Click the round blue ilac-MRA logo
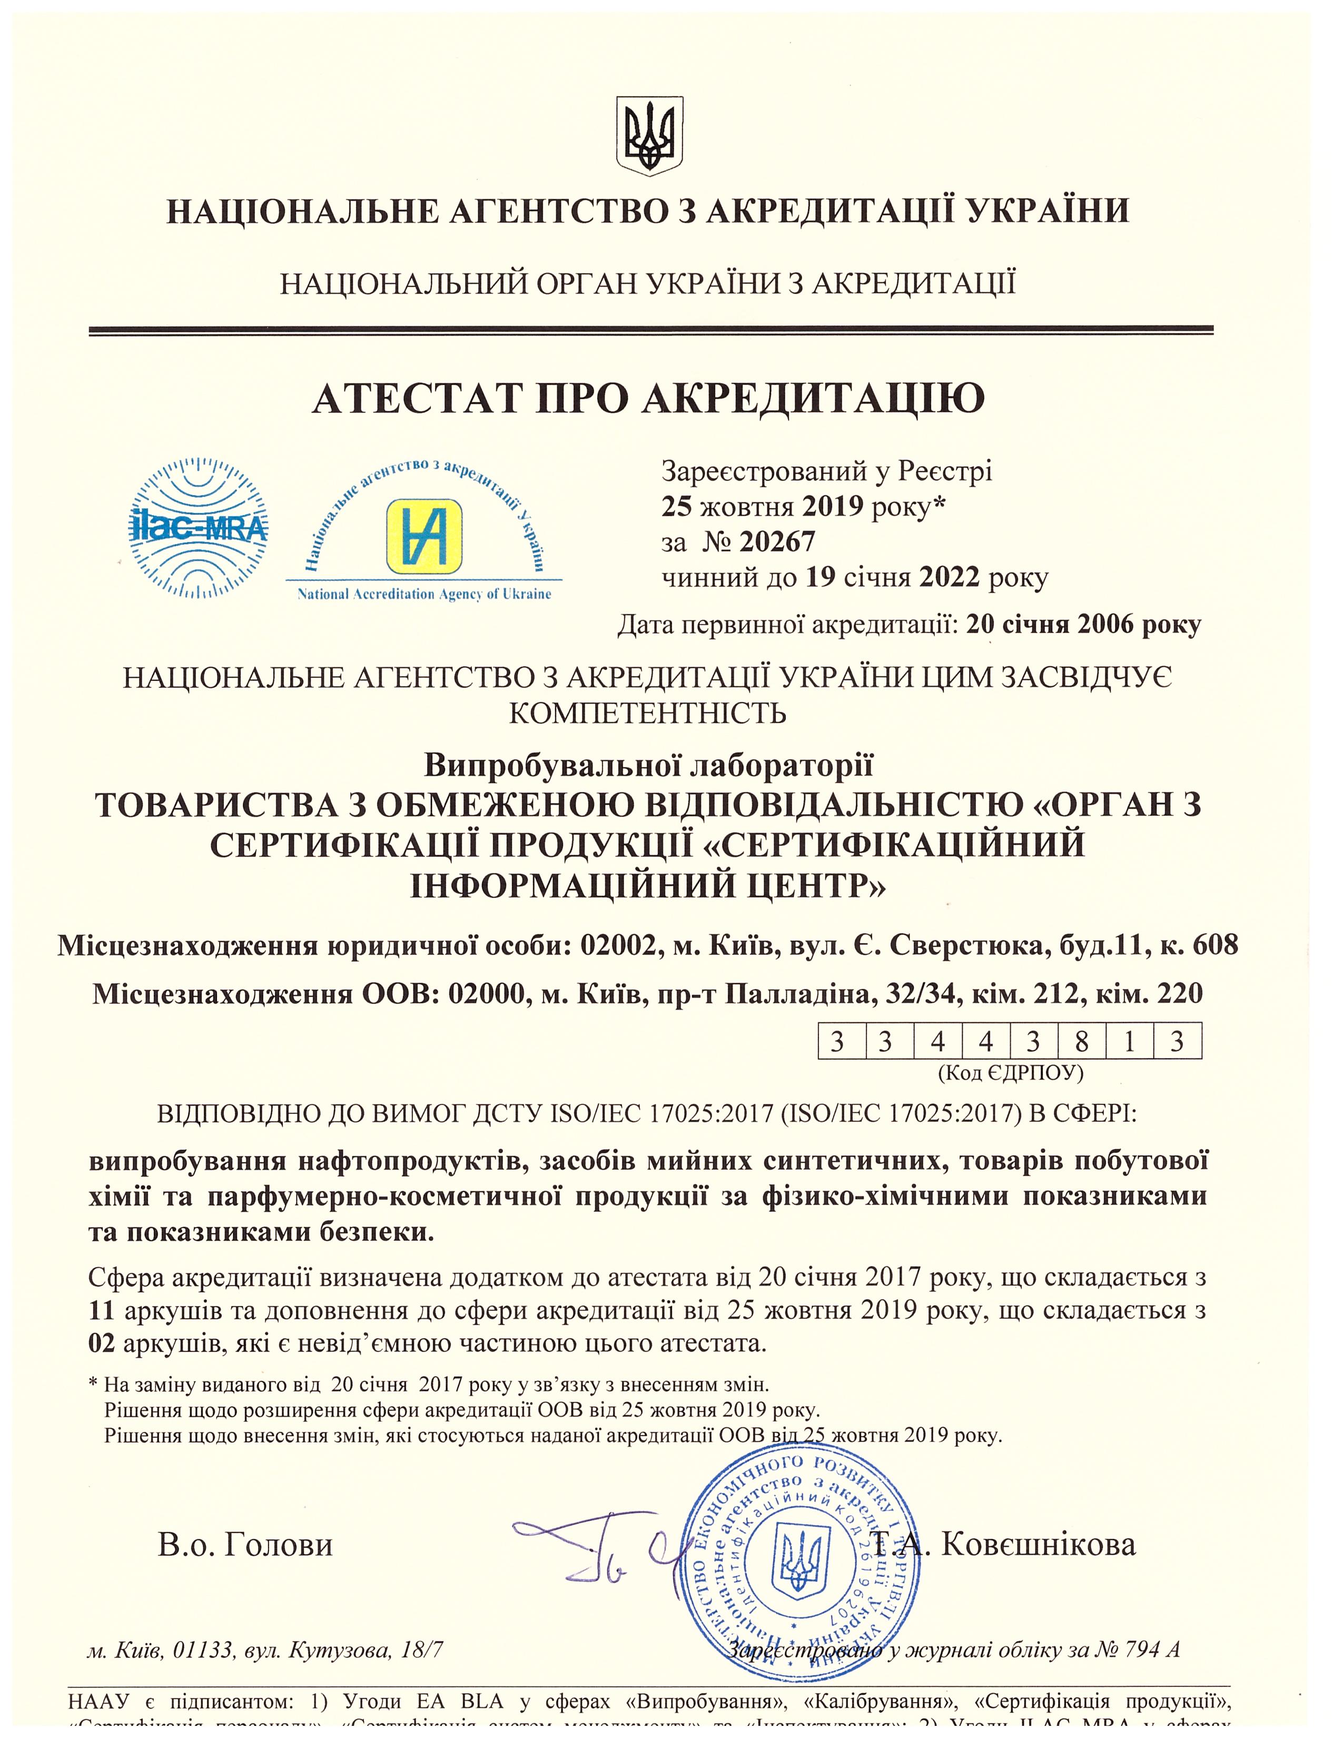click(197, 528)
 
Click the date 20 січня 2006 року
click(1084, 626)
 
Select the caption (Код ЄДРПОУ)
click(1011, 1073)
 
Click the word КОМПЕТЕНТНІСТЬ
click(648, 713)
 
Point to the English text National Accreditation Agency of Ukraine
click(423, 595)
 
